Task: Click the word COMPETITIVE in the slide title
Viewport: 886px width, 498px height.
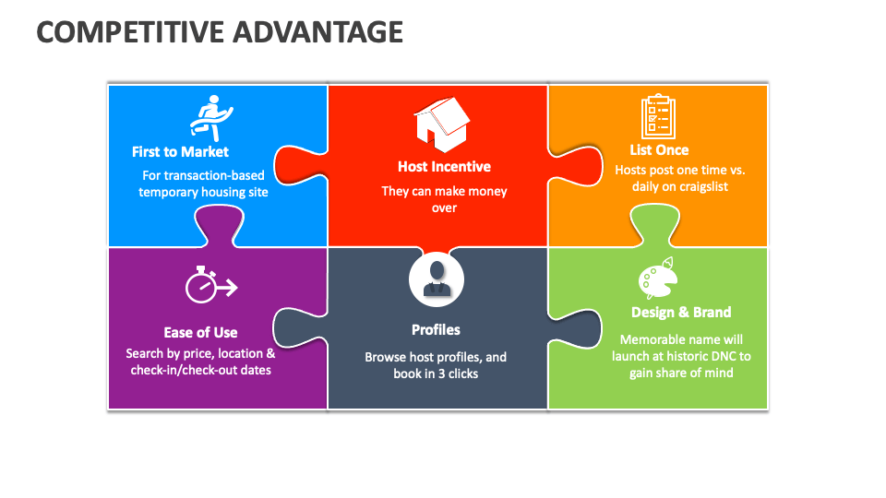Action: (x=119, y=31)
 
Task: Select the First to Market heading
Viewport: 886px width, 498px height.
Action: (x=180, y=151)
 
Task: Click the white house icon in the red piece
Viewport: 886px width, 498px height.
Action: (x=441, y=125)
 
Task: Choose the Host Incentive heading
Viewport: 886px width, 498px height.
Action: (x=444, y=167)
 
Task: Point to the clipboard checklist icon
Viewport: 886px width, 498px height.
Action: (x=658, y=117)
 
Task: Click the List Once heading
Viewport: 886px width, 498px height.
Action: (x=659, y=149)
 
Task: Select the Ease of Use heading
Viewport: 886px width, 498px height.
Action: (x=200, y=332)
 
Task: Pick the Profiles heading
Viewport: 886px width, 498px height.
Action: (x=436, y=329)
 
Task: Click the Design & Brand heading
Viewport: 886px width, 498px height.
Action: (x=681, y=312)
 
